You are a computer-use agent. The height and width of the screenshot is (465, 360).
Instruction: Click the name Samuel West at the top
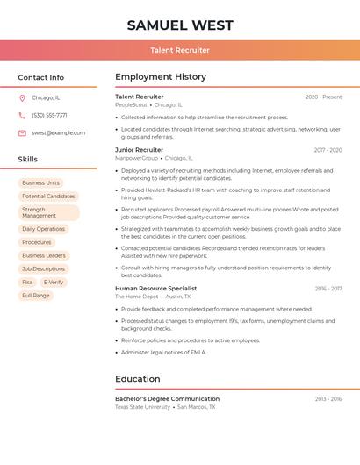tap(180, 25)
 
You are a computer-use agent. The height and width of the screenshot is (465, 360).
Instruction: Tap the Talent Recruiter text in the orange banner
tap(180, 50)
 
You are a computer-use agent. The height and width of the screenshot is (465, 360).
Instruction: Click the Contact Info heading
tap(40, 77)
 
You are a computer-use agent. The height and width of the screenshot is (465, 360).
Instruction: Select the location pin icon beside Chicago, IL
tap(22, 97)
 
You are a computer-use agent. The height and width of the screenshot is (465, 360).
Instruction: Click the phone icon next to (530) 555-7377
tap(22, 115)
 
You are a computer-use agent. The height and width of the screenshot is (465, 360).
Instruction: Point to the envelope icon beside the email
tap(22, 132)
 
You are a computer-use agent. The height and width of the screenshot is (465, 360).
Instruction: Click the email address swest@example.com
tap(58, 132)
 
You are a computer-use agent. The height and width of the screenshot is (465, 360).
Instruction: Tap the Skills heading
tap(28, 159)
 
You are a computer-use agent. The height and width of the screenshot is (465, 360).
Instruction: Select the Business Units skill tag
tap(41, 182)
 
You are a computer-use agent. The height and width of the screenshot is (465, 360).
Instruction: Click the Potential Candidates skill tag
tap(48, 196)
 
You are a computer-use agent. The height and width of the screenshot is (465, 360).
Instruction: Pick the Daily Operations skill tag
tap(43, 229)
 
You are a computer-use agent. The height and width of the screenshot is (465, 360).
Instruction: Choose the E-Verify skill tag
tap(54, 283)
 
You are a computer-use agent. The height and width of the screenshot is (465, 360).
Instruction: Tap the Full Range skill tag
tap(36, 296)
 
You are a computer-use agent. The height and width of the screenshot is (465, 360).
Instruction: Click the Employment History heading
tap(161, 77)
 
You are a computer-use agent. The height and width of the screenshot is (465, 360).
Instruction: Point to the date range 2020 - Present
tap(323, 97)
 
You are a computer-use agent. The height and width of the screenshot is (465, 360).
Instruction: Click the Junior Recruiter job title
tap(139, 150)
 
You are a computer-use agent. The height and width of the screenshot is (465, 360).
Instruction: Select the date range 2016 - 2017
tap(328, 289)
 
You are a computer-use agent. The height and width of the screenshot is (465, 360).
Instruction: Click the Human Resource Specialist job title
tap(155, 289)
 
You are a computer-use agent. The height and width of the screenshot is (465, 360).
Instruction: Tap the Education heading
tap(137, 379)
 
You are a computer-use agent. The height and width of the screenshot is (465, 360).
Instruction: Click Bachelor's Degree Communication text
tap(167, 399)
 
